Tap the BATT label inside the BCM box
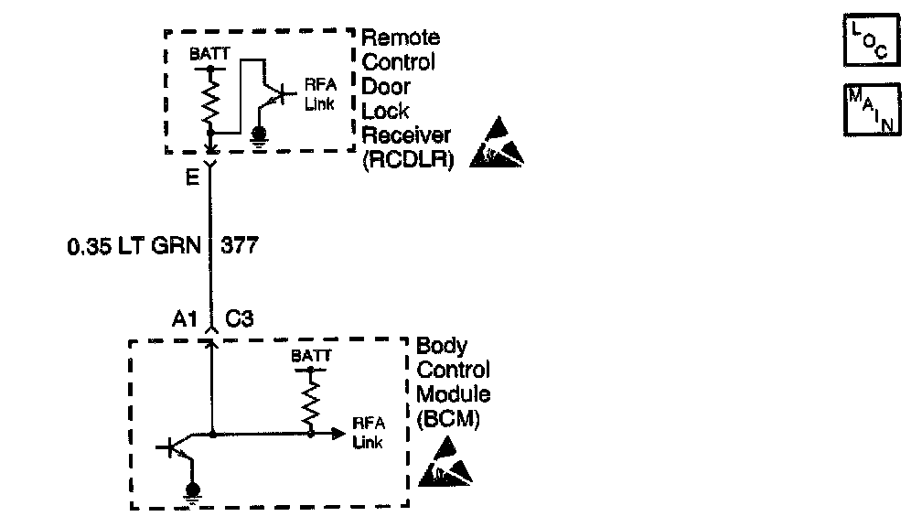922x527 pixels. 312,355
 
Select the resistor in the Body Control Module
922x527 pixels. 312,401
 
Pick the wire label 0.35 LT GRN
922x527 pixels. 134,246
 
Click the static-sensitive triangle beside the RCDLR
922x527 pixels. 497,145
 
